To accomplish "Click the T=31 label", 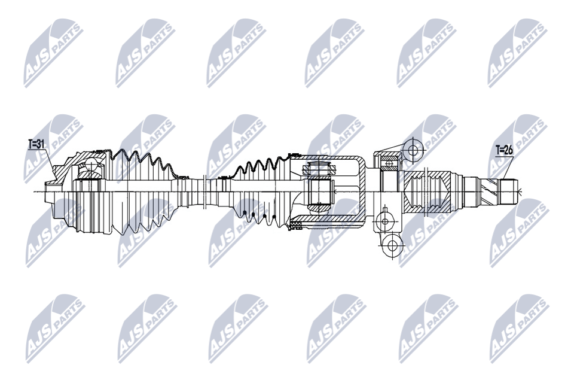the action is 36,144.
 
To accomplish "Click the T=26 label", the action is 505,150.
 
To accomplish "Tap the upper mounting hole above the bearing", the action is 413,150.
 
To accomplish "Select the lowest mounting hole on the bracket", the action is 392,245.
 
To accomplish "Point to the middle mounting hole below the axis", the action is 384,221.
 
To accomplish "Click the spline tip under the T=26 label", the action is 509,191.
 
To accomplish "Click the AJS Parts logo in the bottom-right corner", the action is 520,327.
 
